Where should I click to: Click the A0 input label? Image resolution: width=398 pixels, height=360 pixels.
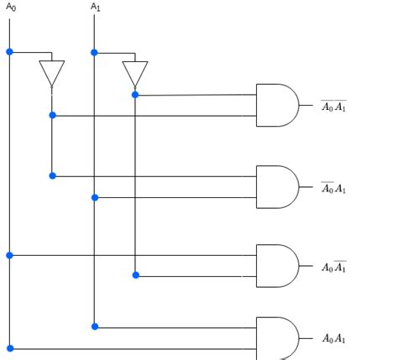[11, 7]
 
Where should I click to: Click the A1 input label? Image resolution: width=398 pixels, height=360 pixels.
[96, 7]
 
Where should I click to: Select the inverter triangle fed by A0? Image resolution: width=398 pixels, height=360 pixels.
[52, 74]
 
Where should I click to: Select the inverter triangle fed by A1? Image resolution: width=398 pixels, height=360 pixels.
[135, 74]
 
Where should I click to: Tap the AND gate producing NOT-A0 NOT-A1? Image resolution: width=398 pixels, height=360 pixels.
[277, 105]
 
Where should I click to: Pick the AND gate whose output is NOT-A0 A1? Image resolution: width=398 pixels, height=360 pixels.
[277, 187]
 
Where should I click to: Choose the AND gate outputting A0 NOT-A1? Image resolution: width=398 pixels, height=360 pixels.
[277, 266]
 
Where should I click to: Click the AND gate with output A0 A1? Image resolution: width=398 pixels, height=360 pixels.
[277, 338]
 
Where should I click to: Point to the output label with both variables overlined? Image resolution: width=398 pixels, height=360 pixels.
[333, 106]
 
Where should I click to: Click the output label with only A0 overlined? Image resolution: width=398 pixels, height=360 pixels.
[333, 188]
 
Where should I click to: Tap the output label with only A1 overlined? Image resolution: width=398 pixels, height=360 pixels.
[333, 267]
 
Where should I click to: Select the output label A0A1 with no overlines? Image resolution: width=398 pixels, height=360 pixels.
[334, 338]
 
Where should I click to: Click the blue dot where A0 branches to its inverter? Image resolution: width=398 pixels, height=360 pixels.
[9, 52]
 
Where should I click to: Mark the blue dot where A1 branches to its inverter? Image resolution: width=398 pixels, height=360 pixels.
[94, 52]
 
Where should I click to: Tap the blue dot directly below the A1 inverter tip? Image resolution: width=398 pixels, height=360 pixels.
[135, 95]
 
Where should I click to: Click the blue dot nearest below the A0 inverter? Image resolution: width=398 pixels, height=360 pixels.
[52, 115]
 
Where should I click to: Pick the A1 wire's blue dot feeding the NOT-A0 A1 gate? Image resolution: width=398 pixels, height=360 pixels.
[95, 198]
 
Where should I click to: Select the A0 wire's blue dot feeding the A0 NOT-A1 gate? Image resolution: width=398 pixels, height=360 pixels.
[9, 255]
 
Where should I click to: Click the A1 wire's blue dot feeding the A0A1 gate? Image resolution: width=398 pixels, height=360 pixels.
[95, 326]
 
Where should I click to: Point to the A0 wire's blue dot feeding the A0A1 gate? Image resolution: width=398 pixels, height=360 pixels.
[10, 348]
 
